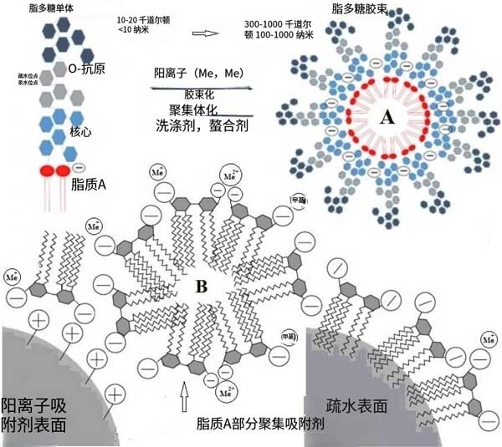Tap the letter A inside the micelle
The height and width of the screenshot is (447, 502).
[x=386, y=119]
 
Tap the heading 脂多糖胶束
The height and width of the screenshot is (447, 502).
[x=361, y=9]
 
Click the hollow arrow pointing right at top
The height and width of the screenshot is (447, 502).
[x=204, y=33]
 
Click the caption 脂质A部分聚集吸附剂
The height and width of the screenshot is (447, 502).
[x=259, y=423]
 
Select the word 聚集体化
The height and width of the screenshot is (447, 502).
[x=194, y=109]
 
